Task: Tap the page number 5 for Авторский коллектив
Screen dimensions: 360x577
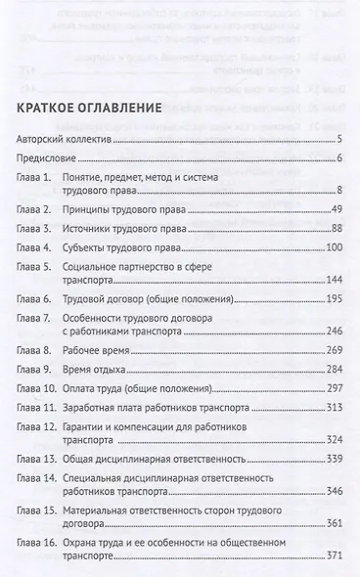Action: coord(337,142)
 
